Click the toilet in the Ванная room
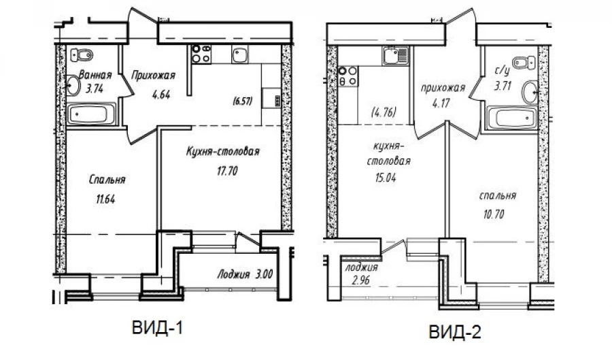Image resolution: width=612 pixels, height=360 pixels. coord(82,55)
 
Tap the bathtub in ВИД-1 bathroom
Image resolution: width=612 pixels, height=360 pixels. coord(92,114)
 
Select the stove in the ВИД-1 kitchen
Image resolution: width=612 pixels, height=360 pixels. coord(201,54)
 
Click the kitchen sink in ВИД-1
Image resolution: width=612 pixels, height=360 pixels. coord(239,54)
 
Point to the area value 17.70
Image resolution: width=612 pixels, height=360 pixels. coord(227,171)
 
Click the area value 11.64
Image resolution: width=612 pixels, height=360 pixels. coord(105,199)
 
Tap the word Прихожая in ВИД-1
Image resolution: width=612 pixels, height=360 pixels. coord(153,76)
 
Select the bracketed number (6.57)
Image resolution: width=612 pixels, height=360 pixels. coord(242,101)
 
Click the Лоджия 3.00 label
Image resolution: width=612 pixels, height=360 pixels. coord(245,274)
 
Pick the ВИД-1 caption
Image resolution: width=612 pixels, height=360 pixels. coord(157,328)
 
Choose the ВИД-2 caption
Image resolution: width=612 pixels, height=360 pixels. coord(455,332)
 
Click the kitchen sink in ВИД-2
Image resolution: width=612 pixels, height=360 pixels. coord(395,55)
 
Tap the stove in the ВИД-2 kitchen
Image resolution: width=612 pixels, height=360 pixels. coord(347,76)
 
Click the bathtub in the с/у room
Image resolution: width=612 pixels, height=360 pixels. coord(512,118)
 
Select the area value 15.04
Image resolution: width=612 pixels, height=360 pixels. coord(386,178)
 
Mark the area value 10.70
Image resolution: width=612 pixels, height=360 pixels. coord(494,214)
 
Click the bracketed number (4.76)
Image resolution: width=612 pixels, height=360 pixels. coord(384,112)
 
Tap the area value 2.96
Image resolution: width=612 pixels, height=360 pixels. coord(360,280)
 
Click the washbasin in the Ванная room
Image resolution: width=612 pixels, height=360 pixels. coord(73,85)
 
